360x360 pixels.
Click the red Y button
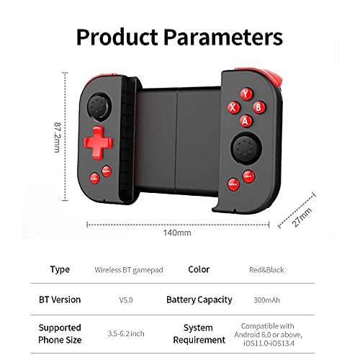click(246, 94)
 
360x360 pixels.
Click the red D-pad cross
click(96, 140)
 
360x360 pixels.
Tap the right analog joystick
click(240, 150)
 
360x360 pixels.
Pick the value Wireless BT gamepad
click(129, 270)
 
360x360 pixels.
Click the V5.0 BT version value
click(128, 300)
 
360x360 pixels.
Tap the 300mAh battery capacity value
click(266, 300)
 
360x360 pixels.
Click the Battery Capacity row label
click(199, 300)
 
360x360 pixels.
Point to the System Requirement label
click(199, 333)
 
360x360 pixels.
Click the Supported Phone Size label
click(60, 333)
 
